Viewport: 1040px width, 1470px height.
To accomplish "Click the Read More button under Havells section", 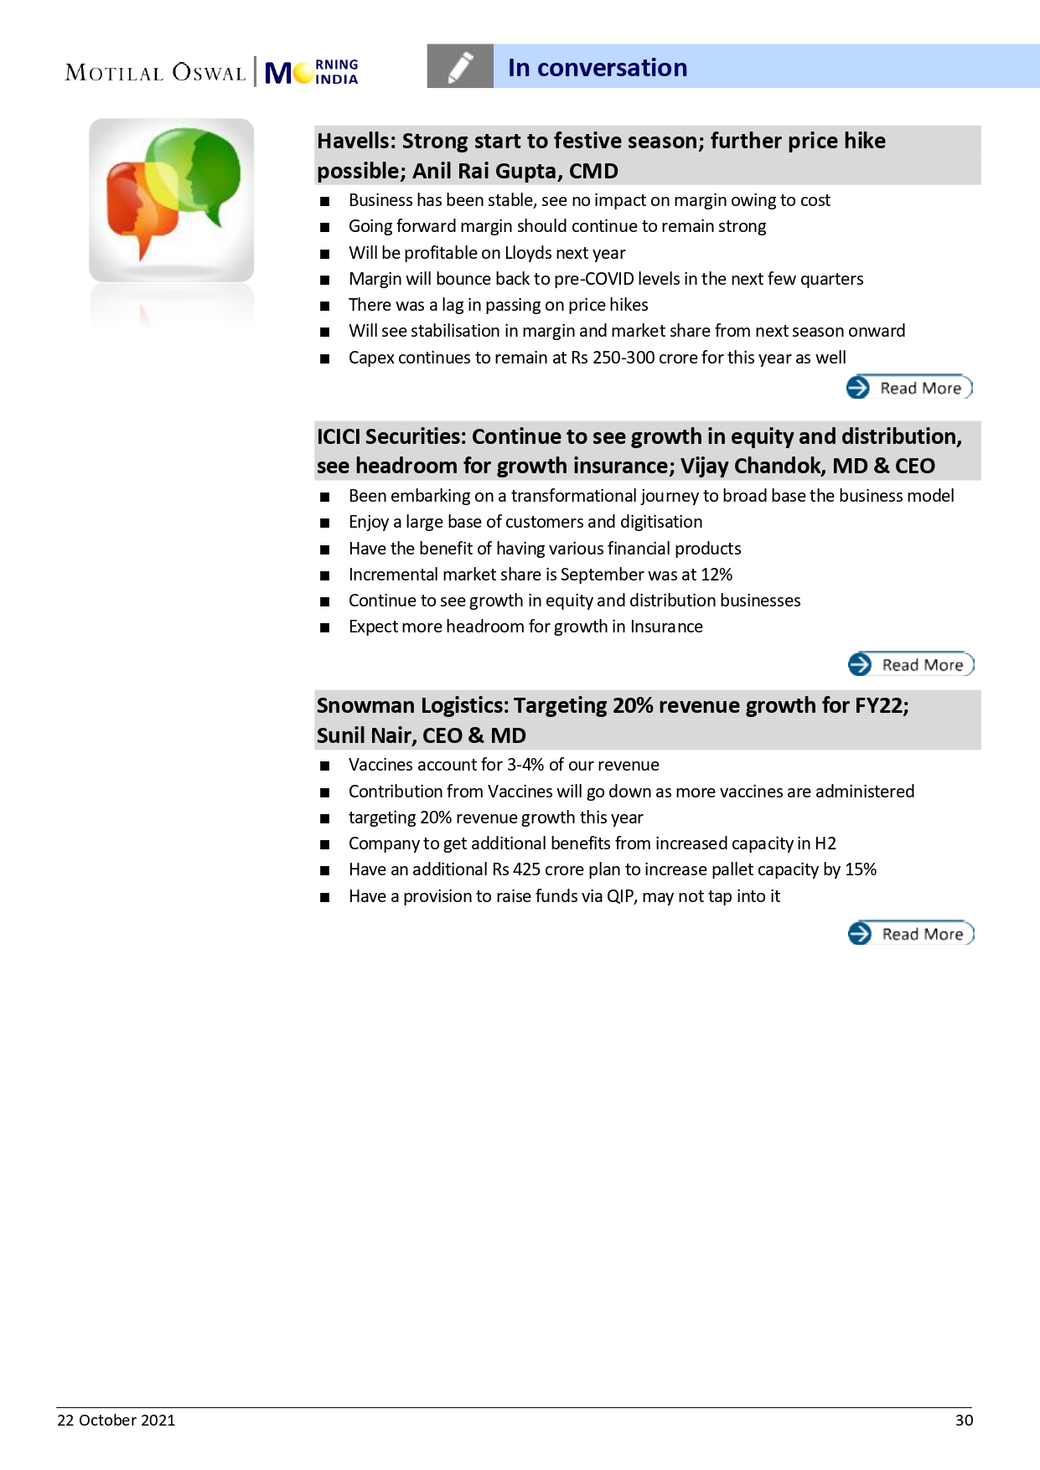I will point(909,388).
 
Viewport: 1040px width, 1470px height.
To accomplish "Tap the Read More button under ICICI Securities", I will point(911,665).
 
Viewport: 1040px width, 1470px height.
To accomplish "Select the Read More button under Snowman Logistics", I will point(911,934).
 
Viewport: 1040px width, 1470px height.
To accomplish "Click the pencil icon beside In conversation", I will point(460,67).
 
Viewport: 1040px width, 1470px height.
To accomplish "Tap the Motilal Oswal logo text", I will point(156,73).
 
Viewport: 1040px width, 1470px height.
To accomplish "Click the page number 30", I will point(964,1421).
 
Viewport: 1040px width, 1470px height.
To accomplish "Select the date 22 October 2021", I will point(116,1421).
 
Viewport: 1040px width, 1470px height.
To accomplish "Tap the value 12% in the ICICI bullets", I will point(717,575).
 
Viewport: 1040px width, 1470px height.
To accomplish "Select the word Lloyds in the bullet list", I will point(528,253).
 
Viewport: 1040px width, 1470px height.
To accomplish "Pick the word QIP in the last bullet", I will point(620,896).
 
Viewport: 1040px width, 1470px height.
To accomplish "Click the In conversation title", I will point(598,68).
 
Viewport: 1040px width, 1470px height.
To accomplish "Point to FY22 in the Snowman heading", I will point(880,705).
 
